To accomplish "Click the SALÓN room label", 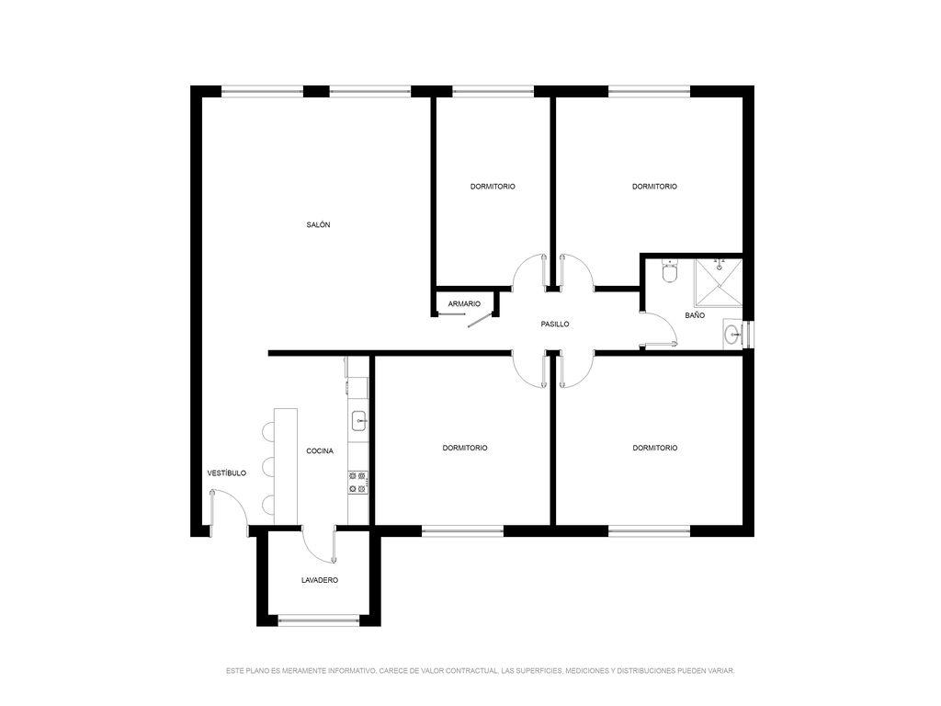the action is (318, 224).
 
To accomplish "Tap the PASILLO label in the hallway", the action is (555, 325).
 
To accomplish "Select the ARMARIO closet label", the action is (464, 304).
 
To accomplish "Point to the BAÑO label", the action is (695, 315).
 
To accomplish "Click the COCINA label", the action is (320, 450).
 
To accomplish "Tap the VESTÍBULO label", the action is (227, 473).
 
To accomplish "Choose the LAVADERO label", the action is (320, 580).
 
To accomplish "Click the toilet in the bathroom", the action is (669, 271).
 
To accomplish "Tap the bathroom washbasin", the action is (732, 335).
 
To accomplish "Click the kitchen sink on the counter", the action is (359, 420).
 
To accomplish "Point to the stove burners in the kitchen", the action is (357, 483).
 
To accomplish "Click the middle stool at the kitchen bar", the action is (268, 466).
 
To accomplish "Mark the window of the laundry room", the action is (319, 621).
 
